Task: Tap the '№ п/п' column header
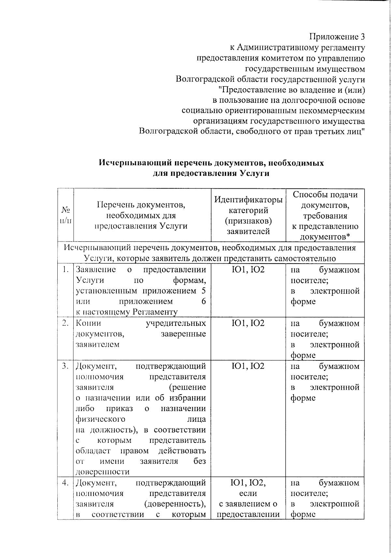pos(66,215)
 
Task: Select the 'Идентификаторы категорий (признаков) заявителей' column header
pos(248,215)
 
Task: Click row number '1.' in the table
pos(66,269)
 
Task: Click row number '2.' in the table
pos(66,323)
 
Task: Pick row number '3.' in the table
pos(66,366)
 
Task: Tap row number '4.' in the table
pos(66,483)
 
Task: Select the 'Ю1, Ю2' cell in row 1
pos(248,270)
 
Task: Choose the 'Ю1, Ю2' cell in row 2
pos(248,323)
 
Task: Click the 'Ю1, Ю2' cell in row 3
pos(248,366)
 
